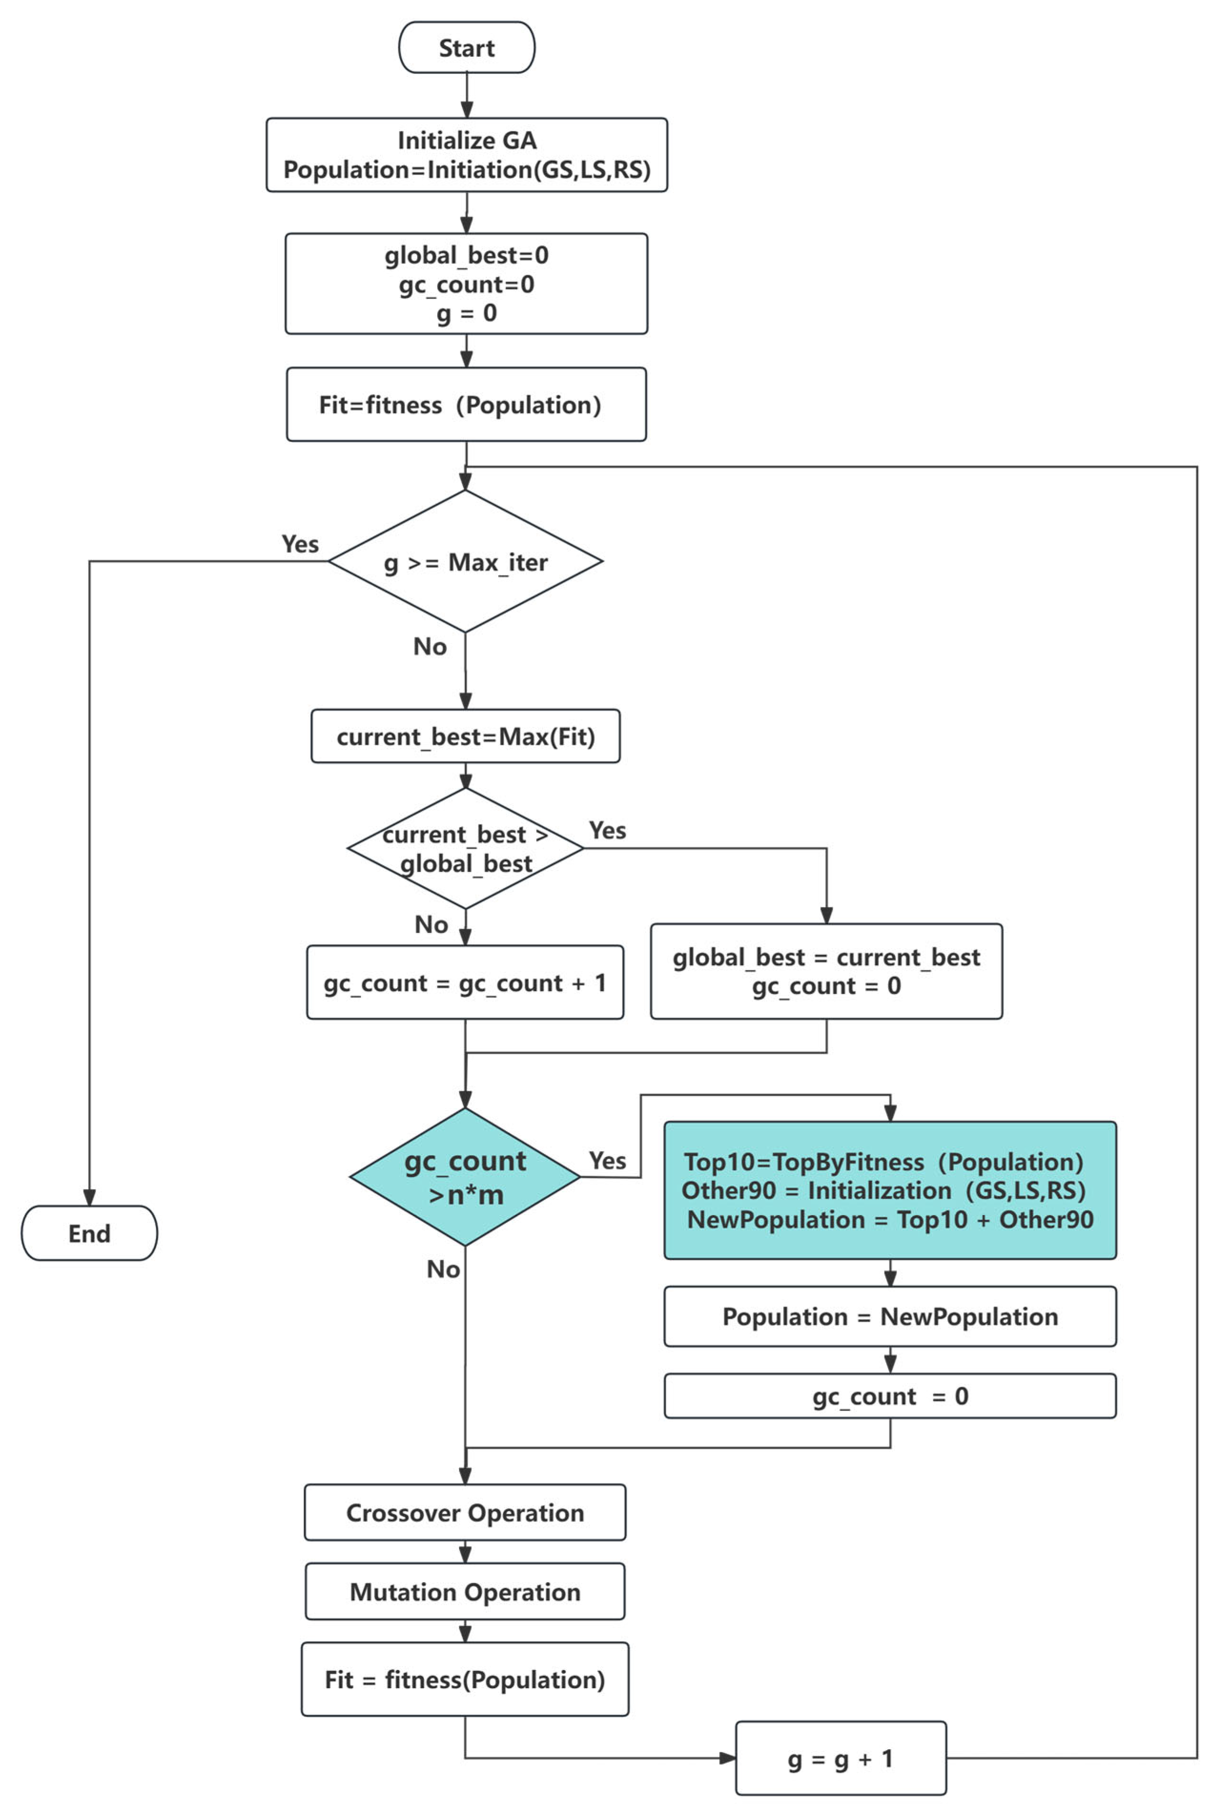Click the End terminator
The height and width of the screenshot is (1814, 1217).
(89, 1233)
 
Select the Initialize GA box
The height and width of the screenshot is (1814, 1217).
(467, 155)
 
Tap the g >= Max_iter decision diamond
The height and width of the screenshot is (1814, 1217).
(466, 561)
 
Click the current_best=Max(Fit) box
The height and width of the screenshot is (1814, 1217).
(466, 736)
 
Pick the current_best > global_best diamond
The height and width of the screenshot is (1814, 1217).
(466, 848)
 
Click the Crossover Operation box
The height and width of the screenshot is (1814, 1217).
(465, 1512)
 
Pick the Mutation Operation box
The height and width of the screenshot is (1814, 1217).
(465, 1591)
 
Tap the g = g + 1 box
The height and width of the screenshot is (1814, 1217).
(840, 1758)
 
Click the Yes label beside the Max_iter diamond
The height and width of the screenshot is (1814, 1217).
(299, 543)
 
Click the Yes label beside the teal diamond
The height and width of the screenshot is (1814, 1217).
(607, 1160)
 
